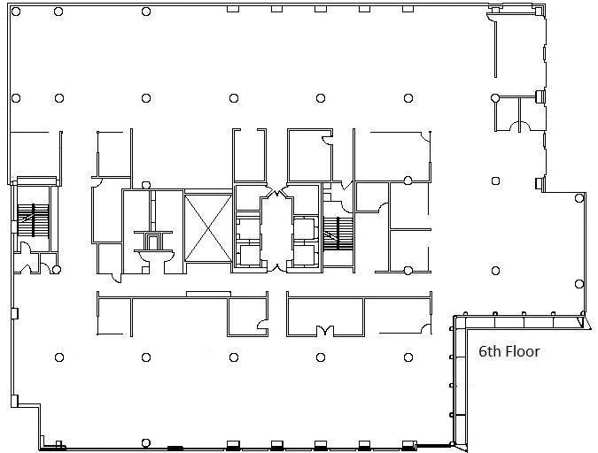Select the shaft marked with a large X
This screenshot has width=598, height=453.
[208, 228]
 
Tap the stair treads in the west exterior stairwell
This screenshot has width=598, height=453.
[33, 220]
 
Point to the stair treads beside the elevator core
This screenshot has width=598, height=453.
[338, 234]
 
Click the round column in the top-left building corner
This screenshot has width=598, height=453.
[16, 12]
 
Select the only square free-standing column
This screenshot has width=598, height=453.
[496, 180]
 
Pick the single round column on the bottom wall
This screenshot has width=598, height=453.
[146, 442]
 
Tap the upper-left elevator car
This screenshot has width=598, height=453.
[248, 229]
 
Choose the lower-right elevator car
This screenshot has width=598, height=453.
[305, 256]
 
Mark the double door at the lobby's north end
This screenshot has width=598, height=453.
[277, 192]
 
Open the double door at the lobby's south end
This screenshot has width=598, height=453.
[277, 266]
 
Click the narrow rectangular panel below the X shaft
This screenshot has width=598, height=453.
[208, 294]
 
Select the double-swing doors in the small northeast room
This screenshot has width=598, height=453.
[520, 126]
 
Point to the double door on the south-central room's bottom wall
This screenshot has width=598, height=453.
[325, 330]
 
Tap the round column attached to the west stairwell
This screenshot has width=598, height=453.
[57, 270]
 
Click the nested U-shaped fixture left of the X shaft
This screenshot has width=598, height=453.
[153, 242]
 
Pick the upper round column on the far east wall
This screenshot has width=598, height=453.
[579, 198]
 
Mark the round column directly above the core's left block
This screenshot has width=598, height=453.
[146, 185]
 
